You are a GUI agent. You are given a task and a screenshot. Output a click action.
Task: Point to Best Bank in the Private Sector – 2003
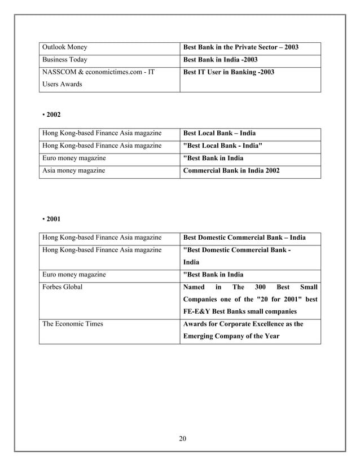[241, 47]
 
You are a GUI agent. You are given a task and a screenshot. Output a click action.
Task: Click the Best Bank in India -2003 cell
[221, 60]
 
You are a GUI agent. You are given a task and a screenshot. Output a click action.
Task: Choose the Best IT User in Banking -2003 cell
[229, 72]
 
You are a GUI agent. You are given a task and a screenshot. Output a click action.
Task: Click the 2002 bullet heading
[52, 115]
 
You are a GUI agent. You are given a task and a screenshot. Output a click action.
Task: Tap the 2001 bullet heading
[52, 219]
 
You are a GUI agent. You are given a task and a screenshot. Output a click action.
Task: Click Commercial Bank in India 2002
[232, 171]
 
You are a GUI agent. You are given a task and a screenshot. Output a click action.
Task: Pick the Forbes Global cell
[63, 287]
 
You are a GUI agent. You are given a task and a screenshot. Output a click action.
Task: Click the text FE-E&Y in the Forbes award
[199, 311]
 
